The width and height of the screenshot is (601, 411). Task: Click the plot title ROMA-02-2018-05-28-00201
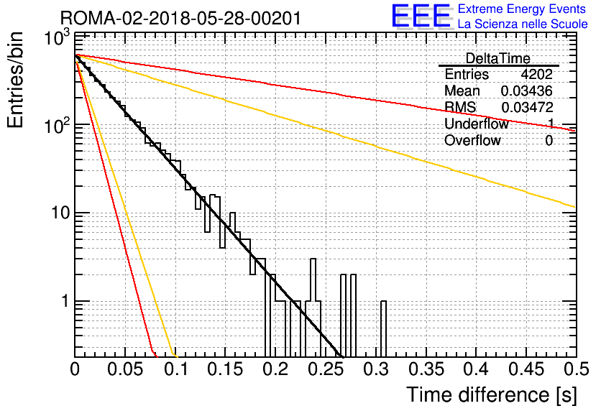pos(180,18)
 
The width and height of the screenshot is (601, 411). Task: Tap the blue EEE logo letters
pos(421,16)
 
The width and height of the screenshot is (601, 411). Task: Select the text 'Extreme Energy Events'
pos(522,9)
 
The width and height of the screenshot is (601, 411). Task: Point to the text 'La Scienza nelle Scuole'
pos(523,24)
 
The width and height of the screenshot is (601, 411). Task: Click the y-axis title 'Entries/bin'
pos(15,80)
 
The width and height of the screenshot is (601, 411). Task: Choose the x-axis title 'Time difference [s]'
pos(492,394)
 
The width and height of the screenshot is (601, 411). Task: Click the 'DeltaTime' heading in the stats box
pos(497,58)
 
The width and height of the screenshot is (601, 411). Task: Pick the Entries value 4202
pos(536,74)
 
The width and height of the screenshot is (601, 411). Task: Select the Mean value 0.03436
pos(526,91)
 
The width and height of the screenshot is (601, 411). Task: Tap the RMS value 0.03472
pos(527,107)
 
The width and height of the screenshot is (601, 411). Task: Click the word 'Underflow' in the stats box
pos(476,124)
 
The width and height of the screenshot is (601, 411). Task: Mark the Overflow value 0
pos(549,141)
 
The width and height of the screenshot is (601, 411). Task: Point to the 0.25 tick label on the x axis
pos(325,369)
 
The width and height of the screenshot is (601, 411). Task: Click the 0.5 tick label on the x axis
pos(576,369)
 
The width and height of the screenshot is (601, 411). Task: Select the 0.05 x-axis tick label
pos(125,369)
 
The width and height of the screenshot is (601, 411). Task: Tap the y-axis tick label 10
pos(60,212)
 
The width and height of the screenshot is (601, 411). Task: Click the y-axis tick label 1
pos(65,301)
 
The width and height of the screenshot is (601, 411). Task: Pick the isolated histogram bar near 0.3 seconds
pos(383,329)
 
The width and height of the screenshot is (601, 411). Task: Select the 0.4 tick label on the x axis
pos(476,369)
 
